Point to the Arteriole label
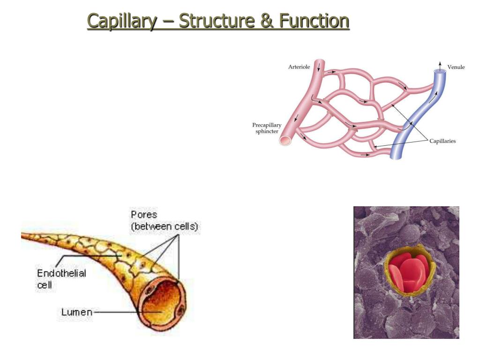coord(299,67)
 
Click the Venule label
coord(456,67)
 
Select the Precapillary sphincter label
coord(267,128)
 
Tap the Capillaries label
coord(442,141)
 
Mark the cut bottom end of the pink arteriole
coord(285,140)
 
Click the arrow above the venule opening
coord(439,64)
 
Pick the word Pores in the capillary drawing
coord(143,216)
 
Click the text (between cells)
coord(165,227)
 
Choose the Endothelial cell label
coord(61,278)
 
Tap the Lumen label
coord(76,312)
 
